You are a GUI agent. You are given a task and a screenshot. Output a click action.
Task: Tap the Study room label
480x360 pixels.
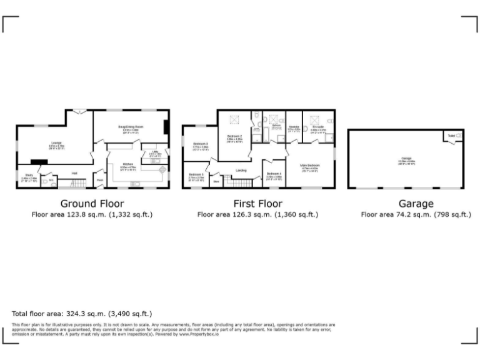[x=29, y=176]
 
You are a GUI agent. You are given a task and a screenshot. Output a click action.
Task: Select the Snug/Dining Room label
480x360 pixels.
[x=131, y=127]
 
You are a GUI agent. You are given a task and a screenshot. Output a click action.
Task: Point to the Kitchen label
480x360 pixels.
[x=127, y=166]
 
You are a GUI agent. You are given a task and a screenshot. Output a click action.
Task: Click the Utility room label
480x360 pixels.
[x=155, y=152]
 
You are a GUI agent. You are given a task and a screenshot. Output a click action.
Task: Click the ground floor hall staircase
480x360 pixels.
[x=75, y=183]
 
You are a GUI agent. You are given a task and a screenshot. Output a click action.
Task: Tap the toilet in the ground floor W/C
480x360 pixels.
[x=51, y=181]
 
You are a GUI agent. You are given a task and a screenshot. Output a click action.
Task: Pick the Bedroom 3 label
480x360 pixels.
[x=200, y=145]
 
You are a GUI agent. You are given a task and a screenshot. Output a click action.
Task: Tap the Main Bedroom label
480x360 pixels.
[x=310, y=166]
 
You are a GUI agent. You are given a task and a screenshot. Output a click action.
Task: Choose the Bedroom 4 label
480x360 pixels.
[x=274, y=174]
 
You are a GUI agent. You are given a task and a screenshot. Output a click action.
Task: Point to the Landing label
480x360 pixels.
[x=241, y=170]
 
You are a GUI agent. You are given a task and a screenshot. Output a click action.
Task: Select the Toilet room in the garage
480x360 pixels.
[x=452, y=135]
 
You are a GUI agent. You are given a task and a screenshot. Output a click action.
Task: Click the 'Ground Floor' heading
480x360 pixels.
[x=92, y=203]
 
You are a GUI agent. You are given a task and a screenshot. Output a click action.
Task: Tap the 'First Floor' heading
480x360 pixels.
[x=257, y=203]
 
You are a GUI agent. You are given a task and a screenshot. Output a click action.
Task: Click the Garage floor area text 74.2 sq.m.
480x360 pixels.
[x=416, y=214]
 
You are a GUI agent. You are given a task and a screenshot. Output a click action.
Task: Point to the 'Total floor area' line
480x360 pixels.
[x=82, y=313]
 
